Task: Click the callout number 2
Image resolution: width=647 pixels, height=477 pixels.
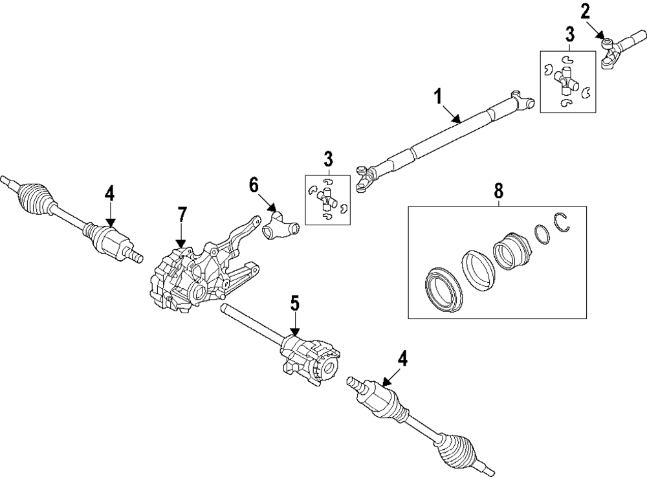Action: pos(585,10)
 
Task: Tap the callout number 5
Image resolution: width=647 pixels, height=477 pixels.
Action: pos(295,302)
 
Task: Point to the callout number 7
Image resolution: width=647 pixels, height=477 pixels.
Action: pos(182,214)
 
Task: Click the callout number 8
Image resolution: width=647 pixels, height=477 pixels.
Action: pos(498,191)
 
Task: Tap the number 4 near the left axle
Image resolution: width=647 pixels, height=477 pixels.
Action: pos(110,194)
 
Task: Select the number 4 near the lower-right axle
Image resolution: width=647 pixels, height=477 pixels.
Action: pos(402,358)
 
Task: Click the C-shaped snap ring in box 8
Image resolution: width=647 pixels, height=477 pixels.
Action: pos(562,223)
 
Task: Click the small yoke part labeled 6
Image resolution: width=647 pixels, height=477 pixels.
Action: pos(280,227)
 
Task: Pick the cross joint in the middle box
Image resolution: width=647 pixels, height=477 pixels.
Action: pos(328,201)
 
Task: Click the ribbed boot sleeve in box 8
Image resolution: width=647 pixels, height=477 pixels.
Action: pos(511,254)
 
